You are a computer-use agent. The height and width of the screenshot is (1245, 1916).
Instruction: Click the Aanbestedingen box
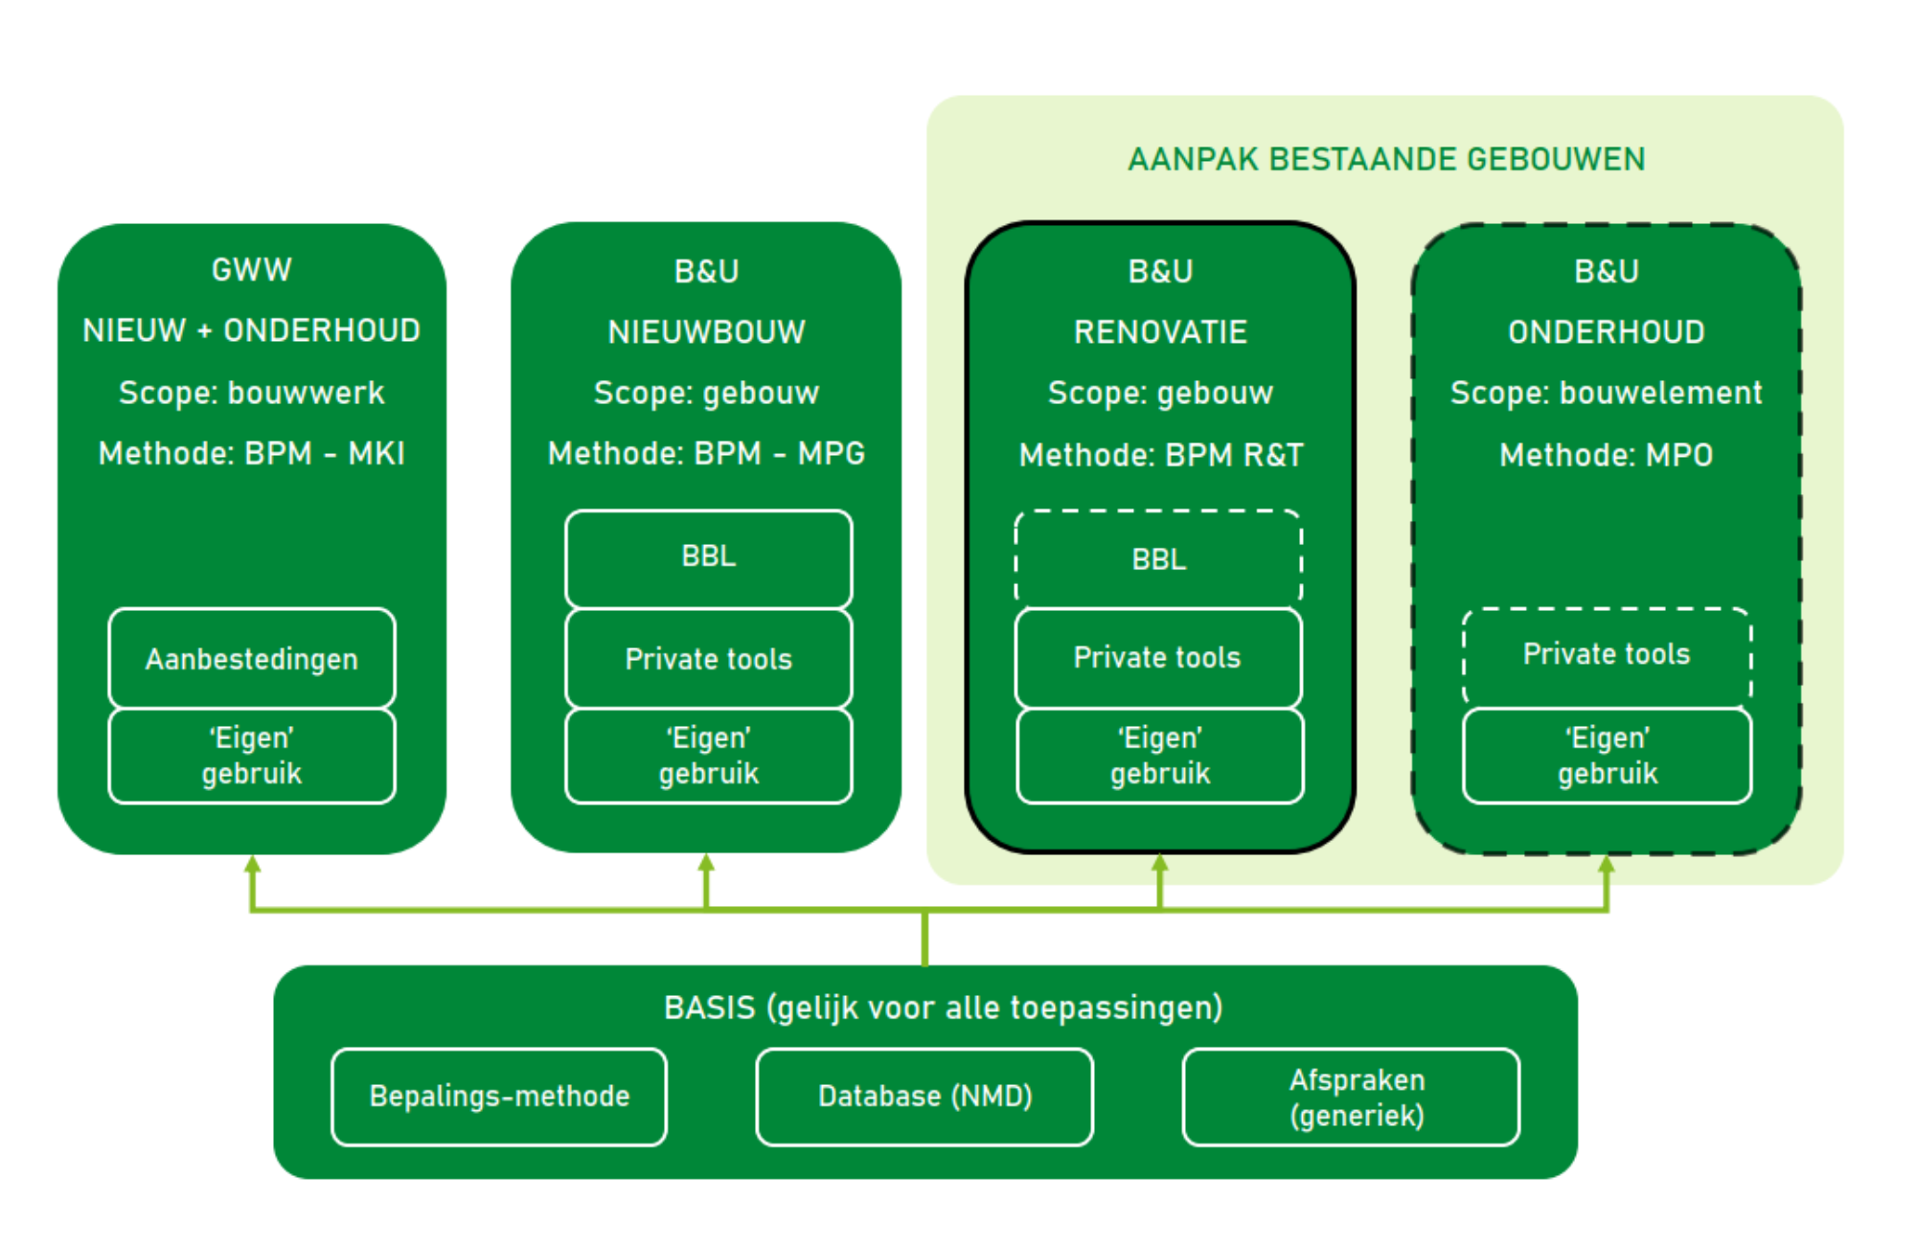click(x=252, y=658)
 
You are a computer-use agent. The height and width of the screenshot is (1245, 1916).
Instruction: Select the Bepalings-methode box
click(x=499, y=1097)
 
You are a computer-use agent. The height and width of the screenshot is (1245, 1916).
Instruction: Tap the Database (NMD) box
click(x=924, y=1097)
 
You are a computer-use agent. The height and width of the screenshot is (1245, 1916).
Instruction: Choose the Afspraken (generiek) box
click(x=1351, y=1097)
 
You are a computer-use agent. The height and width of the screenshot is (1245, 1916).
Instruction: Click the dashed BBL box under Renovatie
click(x=1158, y=558)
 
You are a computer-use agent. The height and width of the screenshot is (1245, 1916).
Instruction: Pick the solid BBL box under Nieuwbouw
click(x=709, y=558)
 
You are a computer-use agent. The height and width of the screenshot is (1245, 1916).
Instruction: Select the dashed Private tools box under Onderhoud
click(x=1607, y=656)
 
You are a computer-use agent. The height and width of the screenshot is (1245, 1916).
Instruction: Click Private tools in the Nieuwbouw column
click(x=709, y=658)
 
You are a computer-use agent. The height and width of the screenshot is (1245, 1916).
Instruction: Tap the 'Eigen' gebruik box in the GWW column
click(x=252, y=756)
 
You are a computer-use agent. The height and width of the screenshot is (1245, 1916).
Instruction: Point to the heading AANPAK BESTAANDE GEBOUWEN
click(x=1386, y=159)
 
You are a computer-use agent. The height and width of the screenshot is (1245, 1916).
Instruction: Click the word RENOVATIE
click(x=1160, y=332)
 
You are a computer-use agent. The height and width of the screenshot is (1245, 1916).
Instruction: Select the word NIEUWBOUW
click(x=707, y=332)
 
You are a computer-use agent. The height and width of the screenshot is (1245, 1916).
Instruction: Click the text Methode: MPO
click(x=1607, y=455)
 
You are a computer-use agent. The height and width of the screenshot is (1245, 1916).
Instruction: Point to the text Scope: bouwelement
click(x=1607, y=393)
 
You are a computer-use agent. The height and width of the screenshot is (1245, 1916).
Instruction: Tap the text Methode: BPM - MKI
click(x=252, y=453)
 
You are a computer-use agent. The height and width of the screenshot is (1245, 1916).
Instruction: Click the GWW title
click(x=252, y=270)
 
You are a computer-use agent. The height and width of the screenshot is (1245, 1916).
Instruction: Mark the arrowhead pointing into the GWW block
click(x=252, y=864)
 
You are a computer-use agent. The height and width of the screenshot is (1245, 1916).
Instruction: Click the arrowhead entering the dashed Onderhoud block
click(x=1607, y=864)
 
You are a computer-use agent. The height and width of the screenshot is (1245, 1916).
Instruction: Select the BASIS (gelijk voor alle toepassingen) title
click(x=944, y=1008)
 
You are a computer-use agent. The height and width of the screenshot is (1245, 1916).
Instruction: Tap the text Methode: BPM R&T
click(x=1161, y=455)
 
